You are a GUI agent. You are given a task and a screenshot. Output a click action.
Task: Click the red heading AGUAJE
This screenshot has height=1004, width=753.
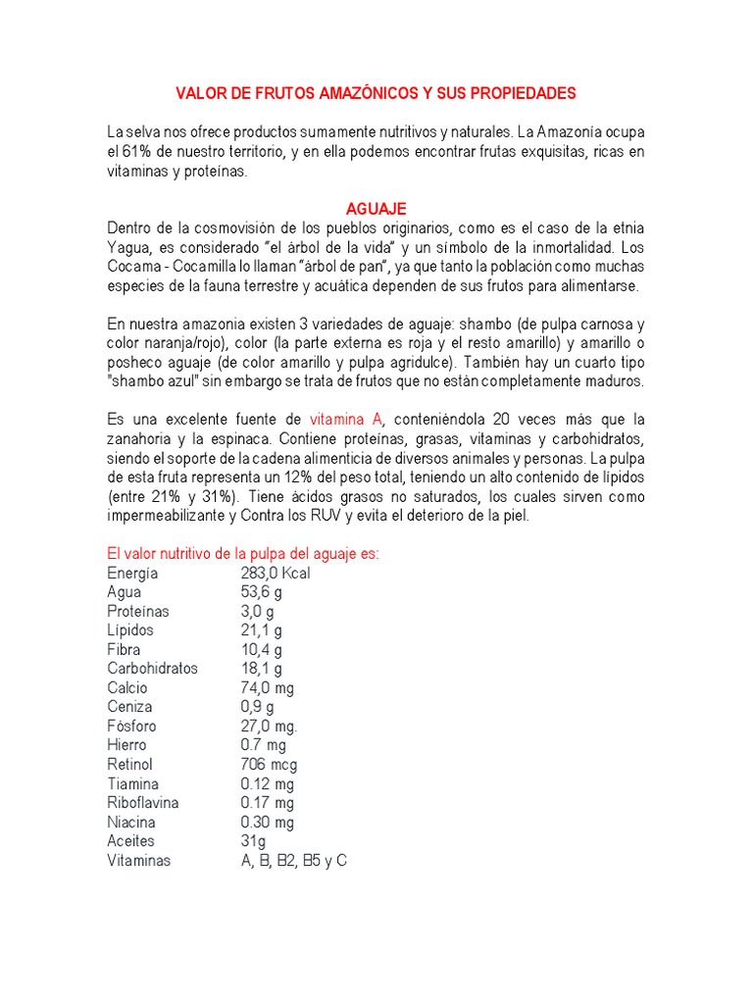pos(376,209)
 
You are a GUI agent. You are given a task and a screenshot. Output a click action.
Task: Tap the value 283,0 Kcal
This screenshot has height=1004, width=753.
pos(276,573)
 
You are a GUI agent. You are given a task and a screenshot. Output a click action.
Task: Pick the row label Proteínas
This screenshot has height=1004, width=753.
pos(137,611)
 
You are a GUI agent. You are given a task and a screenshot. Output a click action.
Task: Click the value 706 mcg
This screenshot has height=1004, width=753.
pos(269,764)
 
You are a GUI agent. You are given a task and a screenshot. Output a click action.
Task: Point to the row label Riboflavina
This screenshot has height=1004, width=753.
pos(143,802)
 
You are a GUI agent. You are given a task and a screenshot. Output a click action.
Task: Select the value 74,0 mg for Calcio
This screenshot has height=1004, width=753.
pos(267,687)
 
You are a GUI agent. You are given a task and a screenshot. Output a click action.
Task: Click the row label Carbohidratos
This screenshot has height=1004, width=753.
pos(152,669)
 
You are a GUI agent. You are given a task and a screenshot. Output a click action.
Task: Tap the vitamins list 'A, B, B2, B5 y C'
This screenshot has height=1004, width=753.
pos(294,860)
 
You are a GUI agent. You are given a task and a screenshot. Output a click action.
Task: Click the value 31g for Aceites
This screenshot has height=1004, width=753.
pos(253,840)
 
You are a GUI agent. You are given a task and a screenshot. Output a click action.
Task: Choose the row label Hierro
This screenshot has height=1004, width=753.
pos(127,745)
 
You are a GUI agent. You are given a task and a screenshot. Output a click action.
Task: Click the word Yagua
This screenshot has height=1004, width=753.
pos(126,247)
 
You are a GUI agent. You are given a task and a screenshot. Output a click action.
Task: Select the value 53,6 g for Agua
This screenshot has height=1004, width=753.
pos(262,592)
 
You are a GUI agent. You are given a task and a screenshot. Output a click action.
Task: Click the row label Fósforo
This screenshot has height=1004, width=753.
pos(131,726)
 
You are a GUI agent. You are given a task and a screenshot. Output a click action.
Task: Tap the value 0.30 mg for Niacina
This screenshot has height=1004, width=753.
pos(267,822)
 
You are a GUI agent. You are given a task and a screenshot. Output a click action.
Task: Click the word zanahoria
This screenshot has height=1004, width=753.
pos(142,438)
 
